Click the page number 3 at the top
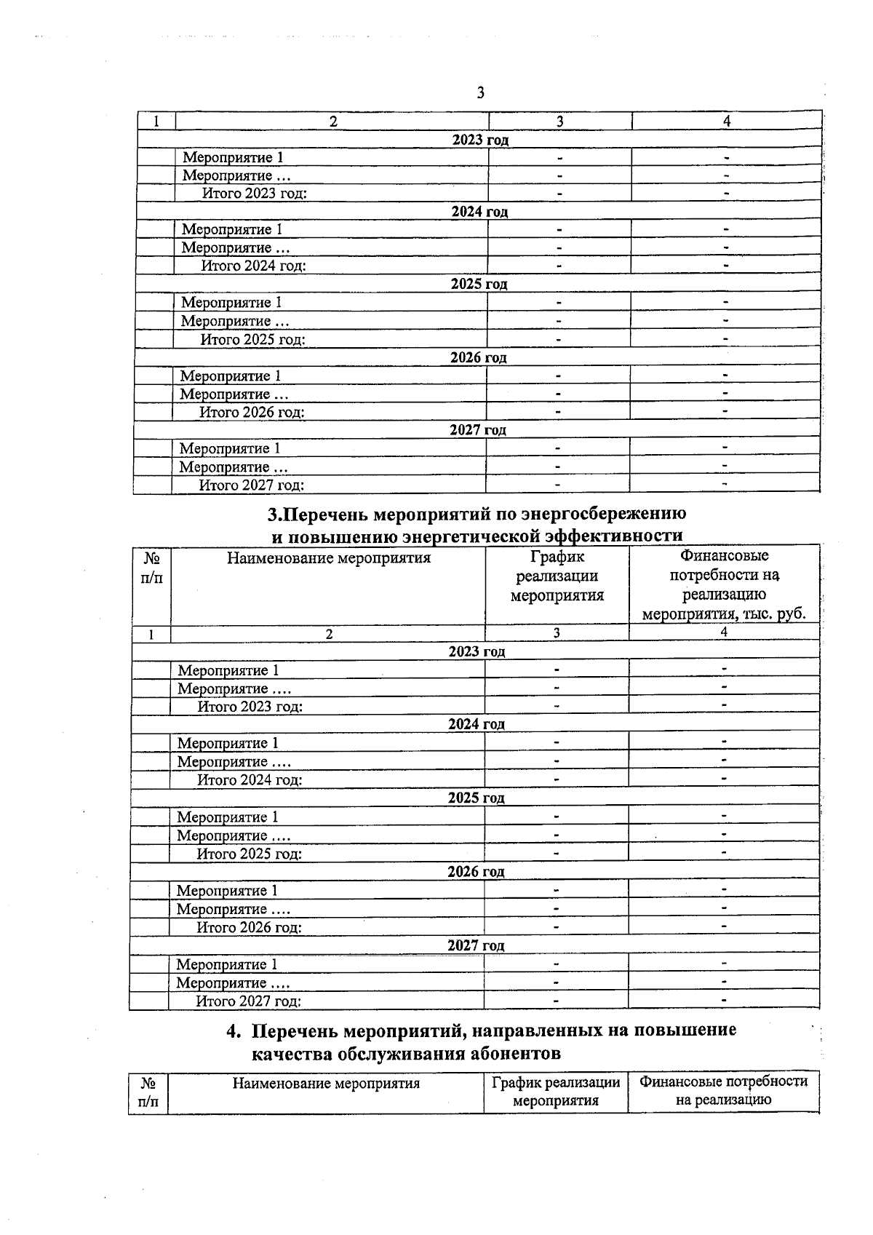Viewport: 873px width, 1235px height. click(x=480, y=92)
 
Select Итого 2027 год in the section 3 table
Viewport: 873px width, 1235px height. click(x=248, y=1001)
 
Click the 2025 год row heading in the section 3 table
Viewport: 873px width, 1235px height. click(x=477, y=798)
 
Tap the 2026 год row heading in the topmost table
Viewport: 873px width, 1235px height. click(x=478, y=357)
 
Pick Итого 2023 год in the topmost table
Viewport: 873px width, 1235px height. click(x=254, y=194)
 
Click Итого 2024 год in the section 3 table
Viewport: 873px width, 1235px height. click(x=250, y=780)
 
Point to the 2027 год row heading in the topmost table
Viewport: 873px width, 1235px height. click(x=477, y=429)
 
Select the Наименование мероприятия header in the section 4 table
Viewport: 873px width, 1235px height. click(x=326, y=1083)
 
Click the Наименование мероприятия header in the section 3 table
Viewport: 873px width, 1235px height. click(x=329, y=558)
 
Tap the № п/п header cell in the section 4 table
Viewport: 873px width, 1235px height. click(x=148, y=1092)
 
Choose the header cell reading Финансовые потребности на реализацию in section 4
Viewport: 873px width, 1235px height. click(x=723, y=1090)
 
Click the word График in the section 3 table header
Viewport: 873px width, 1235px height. click(x=557, y=557)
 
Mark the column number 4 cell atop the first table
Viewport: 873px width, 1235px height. click(x=726, y=122)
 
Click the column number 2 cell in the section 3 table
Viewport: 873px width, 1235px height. click(x=329, y=634)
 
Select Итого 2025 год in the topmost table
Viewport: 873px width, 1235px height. click(x=252, y=340)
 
